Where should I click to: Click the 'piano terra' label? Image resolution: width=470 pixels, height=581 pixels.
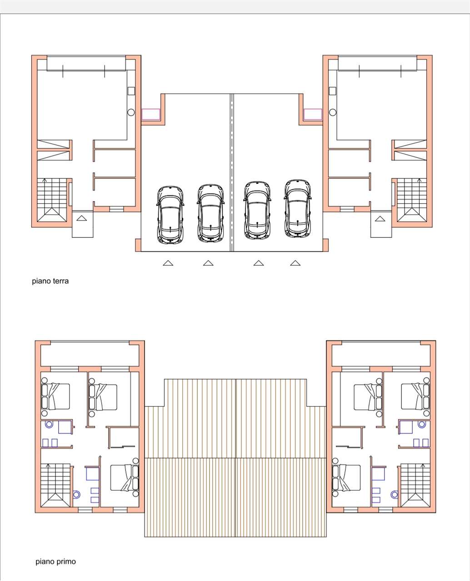tap(50, 281)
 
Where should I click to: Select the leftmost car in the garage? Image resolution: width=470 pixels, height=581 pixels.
tap(170, 215)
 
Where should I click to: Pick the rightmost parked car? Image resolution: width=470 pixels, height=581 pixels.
tap(298, 209)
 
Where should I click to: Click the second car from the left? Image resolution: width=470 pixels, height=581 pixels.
tap(210, 213)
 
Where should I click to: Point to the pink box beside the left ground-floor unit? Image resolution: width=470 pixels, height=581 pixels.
tap(151, 114)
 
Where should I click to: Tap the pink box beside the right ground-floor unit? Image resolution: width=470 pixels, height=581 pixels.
tap(313, 114)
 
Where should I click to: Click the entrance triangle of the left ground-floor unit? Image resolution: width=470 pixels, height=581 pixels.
tap(81, 218)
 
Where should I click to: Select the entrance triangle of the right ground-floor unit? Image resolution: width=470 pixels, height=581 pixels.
tap(380, 218)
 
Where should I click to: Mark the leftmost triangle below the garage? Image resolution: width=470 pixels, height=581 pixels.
tap(168, 263)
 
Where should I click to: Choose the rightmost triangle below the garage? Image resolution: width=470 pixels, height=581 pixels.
tap(295, 263)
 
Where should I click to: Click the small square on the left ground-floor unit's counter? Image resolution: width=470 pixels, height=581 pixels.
tap(131, 91)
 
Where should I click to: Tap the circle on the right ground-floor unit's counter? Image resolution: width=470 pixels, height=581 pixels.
tap(333, 112)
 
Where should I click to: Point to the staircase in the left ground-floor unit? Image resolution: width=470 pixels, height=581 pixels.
tap(52, 200)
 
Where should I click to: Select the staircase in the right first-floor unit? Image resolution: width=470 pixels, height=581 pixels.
tap(413, 485)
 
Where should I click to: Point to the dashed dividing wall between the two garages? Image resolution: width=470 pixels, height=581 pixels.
tap(231, 172)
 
